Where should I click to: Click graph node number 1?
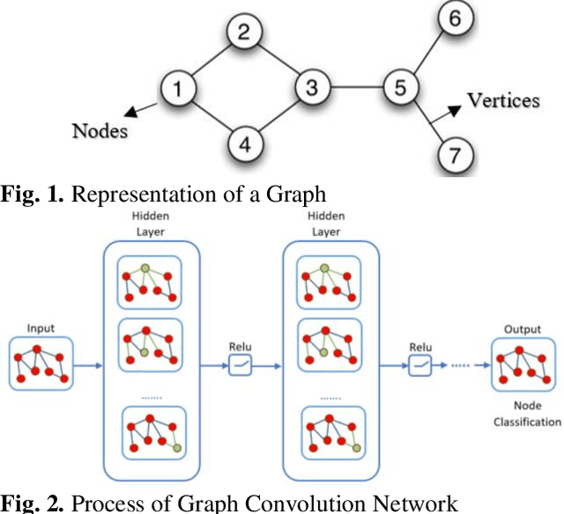coord(179,88)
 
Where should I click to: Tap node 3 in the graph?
coord(311,88)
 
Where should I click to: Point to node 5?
coord(401,88)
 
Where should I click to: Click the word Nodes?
coord(100,132)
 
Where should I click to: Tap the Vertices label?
coord(503,100)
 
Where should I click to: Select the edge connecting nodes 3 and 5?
coord(356,88)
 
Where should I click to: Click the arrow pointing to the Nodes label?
coord(141,109)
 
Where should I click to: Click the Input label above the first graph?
coord(41,328)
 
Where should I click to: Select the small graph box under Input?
coord(41,363)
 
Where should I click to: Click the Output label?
coord(522,328)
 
